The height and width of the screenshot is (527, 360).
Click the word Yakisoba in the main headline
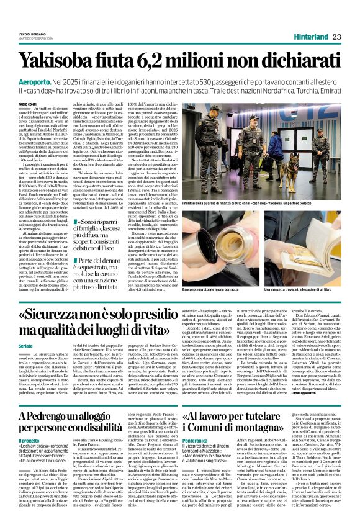click(63, 60)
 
